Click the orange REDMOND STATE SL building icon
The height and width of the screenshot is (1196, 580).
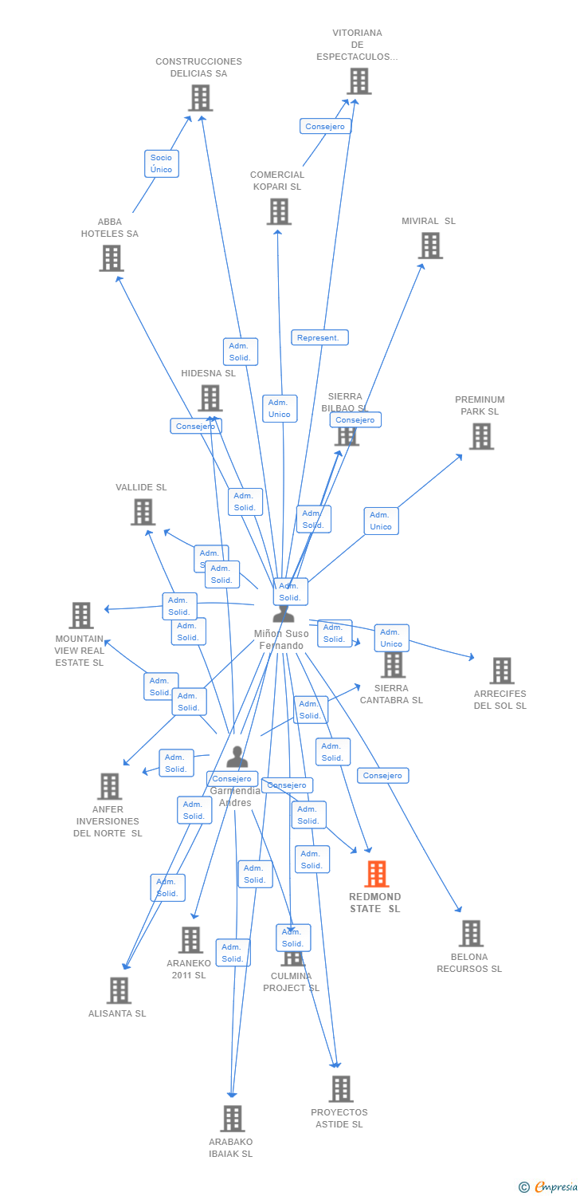(x=377, y=874)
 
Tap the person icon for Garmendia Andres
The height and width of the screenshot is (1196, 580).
(x=237, y=757)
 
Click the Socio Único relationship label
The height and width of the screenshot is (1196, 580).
(x=161, y=163)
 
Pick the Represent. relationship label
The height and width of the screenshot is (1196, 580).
(x=319, y=337)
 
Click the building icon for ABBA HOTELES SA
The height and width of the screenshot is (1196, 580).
(x=111, y=258)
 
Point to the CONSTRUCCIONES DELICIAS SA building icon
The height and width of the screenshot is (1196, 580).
(x=200, y=97)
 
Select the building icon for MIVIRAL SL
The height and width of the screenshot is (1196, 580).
(x=430, y=246)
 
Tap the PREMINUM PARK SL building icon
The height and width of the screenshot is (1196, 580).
(x=481, y=436)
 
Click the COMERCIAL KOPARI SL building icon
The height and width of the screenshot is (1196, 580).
(x=279, y=211)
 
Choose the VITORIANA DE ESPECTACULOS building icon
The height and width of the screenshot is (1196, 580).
(x=359, y=81)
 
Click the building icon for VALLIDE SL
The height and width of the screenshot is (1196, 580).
(x=143, y=512)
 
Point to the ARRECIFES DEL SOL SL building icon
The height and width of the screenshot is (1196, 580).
(x=501, y=671)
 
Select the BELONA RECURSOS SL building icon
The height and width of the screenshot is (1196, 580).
(x=471, y=933)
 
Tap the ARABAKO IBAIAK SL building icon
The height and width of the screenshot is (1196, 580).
(x=232, y=1118)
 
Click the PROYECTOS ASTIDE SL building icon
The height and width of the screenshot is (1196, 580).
(x=340, y=1088)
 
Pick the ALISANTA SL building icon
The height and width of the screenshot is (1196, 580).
(x=119, y=989)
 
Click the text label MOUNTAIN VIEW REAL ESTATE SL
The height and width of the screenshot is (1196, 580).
(x=80, y=651)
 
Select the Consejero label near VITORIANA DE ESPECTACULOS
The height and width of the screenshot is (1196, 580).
(x=325, y=126)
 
